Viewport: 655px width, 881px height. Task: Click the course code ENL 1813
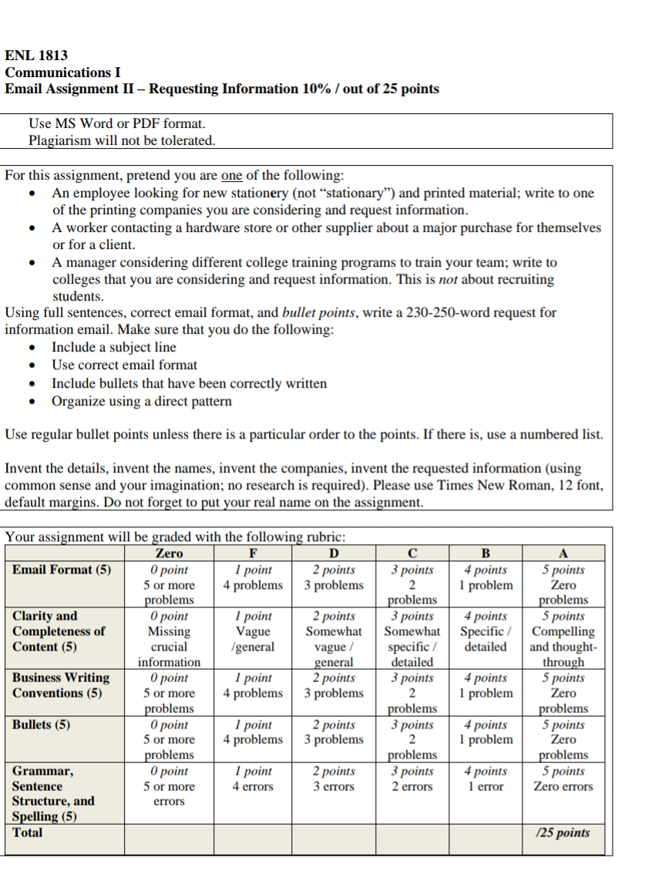(x=36, y=55)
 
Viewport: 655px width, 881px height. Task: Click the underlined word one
(x=232, y=175)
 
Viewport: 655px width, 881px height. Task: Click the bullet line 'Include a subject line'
(x=114, y=348)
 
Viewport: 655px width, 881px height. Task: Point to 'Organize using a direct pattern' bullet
(x=142, y=402)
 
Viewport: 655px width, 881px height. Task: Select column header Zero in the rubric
(x=170, y=553)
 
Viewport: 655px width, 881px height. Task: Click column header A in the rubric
(x=563, y=553)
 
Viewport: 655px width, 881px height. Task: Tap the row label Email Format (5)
(x=62, y=570)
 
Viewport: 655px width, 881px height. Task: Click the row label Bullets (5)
(x=42, y=725)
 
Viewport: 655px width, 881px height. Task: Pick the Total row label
(x=28, y=832)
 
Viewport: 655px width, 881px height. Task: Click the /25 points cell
(x=563, y=833)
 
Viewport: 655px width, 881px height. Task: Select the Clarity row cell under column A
(x=563, y=639)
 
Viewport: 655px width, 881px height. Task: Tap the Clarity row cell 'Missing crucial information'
(x=170, y=639)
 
